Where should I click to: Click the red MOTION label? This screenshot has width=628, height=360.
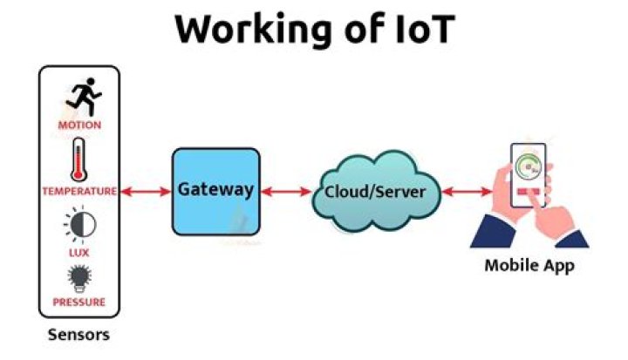(x=79, y=125)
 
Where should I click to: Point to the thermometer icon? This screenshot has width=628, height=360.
(x=78, y=160)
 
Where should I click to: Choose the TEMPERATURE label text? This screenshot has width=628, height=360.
(x=79, y=191)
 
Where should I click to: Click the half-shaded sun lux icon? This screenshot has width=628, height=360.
(x=80, y=224)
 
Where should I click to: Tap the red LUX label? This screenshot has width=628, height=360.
(x=79, y=252)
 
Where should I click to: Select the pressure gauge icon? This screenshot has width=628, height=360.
(x=80, y=278)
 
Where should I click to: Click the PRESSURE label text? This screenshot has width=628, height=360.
(x=79, y=302)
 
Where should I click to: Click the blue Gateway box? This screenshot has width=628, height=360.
(x=215, y=191)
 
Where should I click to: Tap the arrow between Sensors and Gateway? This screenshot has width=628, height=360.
(x=144, y=191)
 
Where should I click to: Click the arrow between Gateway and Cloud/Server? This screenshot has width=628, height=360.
(x=286, y=191)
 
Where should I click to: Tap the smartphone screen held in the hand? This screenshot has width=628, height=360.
(x=529, y=174)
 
